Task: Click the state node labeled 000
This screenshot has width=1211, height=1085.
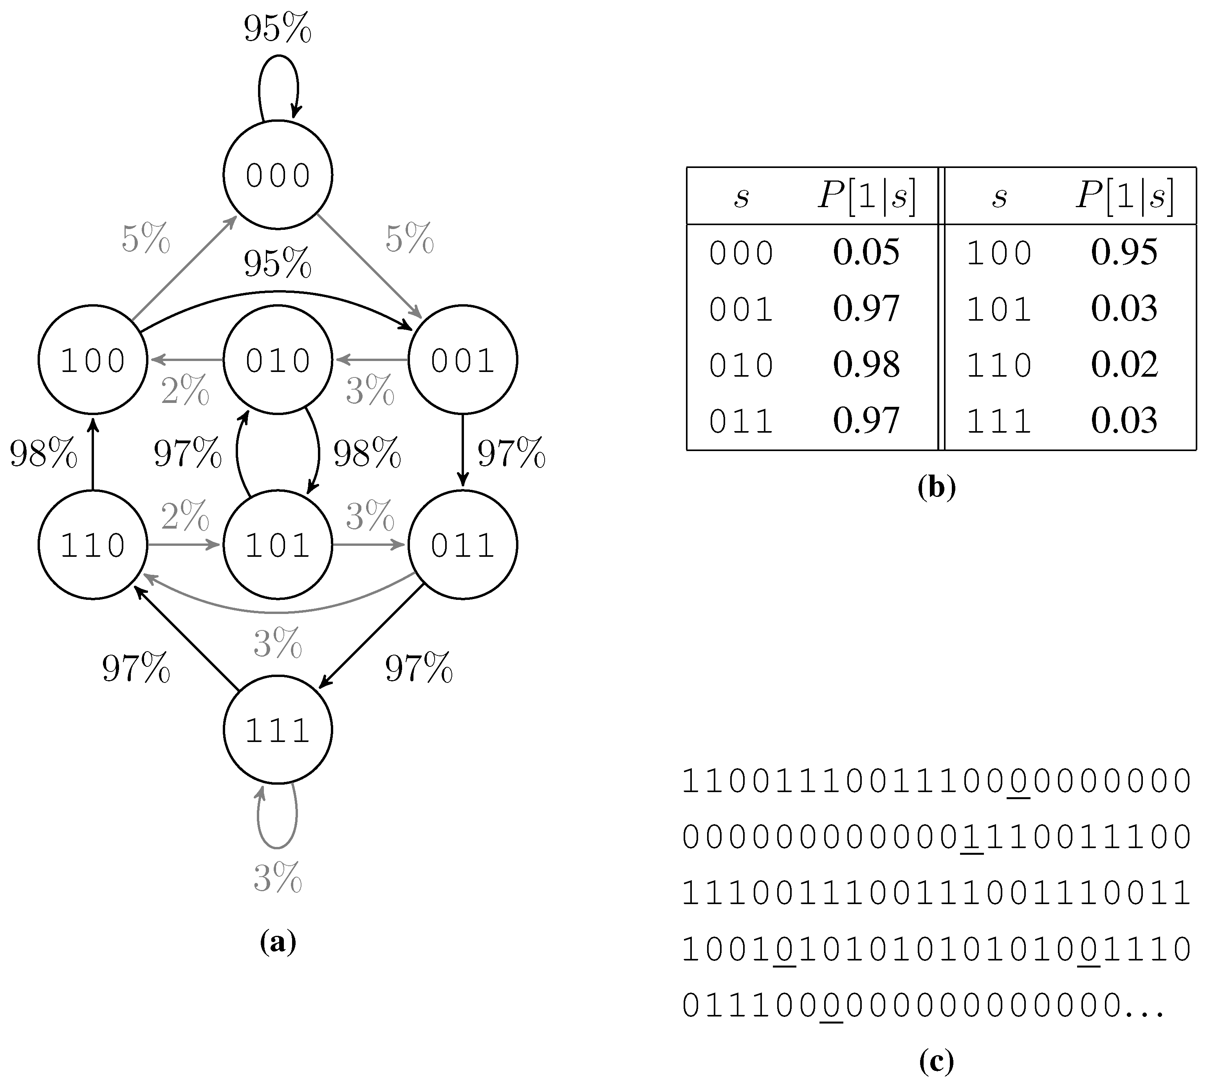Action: click(278, 175)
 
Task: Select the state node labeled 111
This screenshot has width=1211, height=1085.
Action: click(278, 730)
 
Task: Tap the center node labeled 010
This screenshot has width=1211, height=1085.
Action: click(278, 359)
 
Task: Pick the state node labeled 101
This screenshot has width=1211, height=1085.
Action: click(278, 544)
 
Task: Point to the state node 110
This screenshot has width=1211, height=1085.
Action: click(92, 544)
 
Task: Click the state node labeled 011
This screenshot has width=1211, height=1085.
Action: click(462, 544)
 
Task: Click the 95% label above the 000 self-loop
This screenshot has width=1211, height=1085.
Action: click(278, 28)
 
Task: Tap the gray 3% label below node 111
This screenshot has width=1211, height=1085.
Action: click(278, 877)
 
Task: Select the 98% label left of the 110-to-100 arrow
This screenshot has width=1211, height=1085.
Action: click(43, 453)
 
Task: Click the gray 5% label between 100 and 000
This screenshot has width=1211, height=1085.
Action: click(146, 238)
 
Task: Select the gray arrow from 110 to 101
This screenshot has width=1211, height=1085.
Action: click(185, 544)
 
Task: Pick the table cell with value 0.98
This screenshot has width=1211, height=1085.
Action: click(866, 364)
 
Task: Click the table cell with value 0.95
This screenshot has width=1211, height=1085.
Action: click(1124, 252)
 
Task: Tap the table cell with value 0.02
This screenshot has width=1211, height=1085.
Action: click(1124, 364)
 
